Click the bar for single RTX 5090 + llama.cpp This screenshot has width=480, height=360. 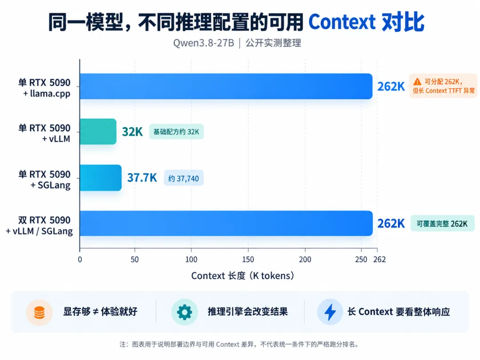tap(226, 86)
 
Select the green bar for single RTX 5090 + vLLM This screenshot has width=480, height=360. tap(98, 132)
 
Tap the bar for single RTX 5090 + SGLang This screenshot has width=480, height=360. tap(100, 178)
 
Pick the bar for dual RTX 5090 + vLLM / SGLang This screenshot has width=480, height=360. tap(226, 224)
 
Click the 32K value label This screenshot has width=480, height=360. tap(132, 132)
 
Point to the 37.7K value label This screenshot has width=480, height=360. tap(142, 177)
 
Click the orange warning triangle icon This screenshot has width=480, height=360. tap(417, 82)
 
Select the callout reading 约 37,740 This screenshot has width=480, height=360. tap(184, 178)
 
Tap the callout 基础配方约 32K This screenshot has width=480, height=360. tap(176, 132)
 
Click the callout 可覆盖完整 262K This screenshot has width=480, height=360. tap(442, 224)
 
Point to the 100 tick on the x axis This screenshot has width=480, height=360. tap(191, 260)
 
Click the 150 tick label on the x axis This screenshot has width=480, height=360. tap(248, 260)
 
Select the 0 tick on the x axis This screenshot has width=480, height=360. tap(80, 260)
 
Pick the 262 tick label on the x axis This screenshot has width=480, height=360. tap(380, 260)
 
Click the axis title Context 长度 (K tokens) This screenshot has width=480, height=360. tap(243, 276)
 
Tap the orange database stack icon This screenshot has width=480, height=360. tap(39, 312)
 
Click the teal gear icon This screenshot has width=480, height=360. tap(184, 312)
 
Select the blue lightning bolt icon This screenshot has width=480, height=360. tap(330, 312)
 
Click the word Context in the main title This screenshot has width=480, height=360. tap(342, 22)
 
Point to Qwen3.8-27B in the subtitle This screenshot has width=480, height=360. tap(204, 43)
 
